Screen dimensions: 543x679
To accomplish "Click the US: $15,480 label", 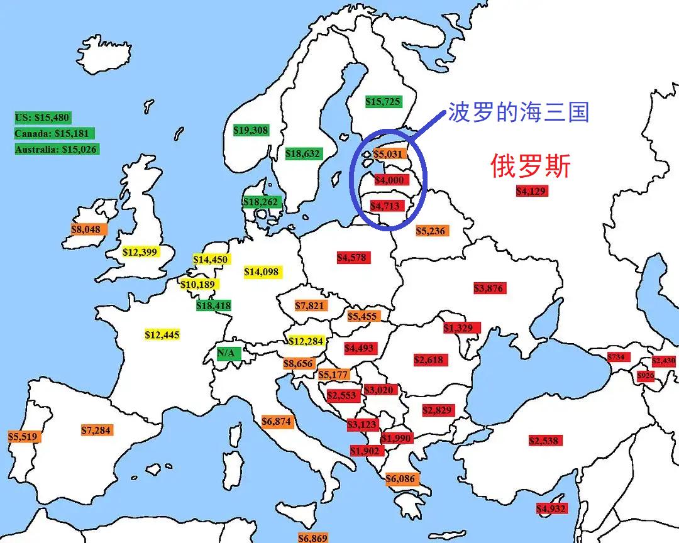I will tap(42, 118).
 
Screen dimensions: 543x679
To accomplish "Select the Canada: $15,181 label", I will tap(54, 133).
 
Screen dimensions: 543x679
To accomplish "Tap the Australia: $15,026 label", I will tap(57, 149).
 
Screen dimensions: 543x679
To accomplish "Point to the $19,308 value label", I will tap(251, 130).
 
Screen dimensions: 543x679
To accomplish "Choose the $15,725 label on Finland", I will tap(383, 101).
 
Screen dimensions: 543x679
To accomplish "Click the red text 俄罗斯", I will tap(531, 167).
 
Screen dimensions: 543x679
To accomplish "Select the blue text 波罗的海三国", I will tap(518, 112).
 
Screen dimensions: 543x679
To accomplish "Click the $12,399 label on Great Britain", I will tap(141, 252).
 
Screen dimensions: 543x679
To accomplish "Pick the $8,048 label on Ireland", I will tap(85, 230).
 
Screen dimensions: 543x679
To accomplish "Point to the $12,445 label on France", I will tap(162, 335).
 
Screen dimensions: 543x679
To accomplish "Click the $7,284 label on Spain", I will tap(97, 431).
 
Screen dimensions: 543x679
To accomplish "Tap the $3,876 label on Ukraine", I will tap(489, 288).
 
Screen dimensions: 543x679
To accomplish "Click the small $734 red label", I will tap(618, 357).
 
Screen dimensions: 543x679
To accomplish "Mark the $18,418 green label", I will tap(214, 306).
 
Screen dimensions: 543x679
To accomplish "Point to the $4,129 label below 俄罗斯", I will tap(532, 191).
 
